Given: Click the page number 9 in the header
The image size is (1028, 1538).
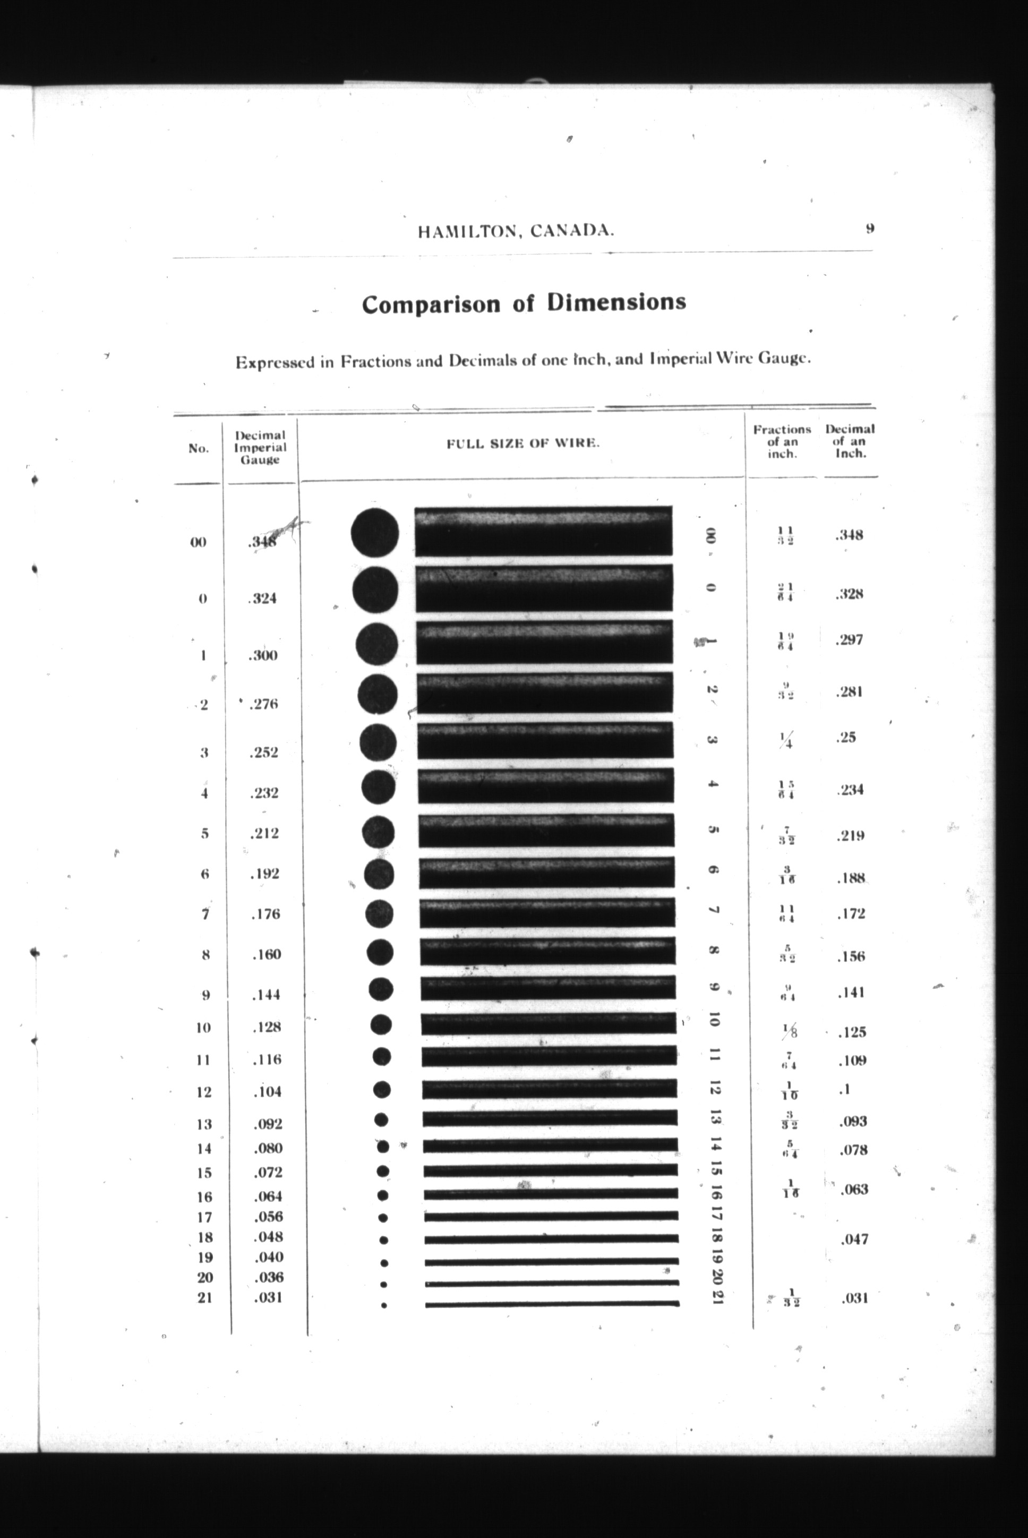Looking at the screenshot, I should (x=869, y=229).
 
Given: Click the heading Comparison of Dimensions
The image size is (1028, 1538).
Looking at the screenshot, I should (x=524, y=304).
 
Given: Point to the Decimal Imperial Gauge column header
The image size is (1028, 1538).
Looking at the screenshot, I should (x=260, y=447).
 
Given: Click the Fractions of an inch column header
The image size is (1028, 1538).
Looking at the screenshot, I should (x=782, y=441).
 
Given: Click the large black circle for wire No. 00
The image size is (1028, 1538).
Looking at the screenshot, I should (x=374, y=532).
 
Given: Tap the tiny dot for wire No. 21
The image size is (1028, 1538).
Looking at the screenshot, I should (x=384, y=1306).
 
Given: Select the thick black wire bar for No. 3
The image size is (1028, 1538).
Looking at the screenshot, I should (x=545, y=740).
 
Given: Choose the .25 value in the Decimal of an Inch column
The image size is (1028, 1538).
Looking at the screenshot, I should (x=846, y=737).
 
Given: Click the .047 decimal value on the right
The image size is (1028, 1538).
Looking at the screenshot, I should (x=854, y=1239).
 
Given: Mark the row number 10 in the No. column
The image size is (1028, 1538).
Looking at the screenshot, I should (x=203, y=1027).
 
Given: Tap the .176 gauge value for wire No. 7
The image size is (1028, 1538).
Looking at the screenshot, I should (x=265, y=914).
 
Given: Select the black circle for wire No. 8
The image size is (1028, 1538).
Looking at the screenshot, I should (x=380, y=953).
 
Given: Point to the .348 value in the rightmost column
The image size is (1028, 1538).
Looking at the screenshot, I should (x=849, y=535).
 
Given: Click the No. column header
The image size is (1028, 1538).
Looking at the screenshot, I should (x=198, y=448).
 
